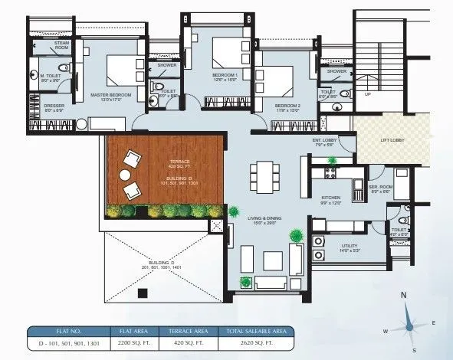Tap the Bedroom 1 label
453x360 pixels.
(225, 75)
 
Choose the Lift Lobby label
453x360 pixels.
(392, 140)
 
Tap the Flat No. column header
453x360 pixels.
(67, 332)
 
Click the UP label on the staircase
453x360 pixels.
(367, 94)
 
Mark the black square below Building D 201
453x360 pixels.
(142, 292)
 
